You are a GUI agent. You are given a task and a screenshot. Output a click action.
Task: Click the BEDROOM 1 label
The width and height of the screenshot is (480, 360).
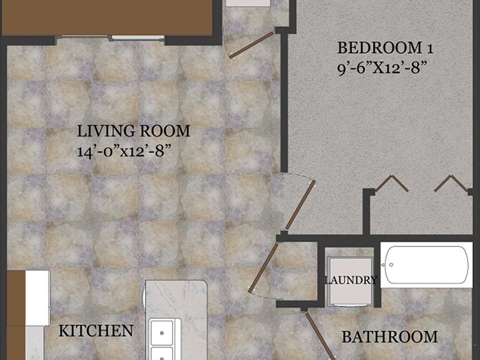(384, 48)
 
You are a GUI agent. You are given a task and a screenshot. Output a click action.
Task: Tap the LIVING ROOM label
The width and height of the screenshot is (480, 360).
(133, 131)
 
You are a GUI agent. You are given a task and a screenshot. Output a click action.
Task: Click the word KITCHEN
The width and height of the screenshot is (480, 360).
(96, 330)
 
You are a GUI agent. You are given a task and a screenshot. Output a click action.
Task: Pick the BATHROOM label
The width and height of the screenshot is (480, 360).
(389, 336)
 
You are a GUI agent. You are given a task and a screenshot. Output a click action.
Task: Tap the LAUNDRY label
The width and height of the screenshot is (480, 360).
(350, 280)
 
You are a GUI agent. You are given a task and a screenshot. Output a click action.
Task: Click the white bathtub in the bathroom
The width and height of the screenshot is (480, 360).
(426, 264)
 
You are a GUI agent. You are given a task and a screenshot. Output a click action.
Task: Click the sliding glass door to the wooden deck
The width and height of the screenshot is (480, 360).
(110, 37)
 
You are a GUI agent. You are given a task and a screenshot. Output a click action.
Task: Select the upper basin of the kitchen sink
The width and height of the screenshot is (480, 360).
(162, 330)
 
